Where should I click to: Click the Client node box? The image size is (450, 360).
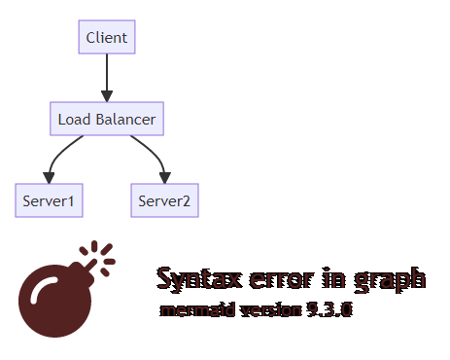click(107, 38)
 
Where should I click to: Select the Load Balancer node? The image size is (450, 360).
click(107, 120)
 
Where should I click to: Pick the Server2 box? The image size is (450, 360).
click(164, 201)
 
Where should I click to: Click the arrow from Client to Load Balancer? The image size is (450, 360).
click(107, 78)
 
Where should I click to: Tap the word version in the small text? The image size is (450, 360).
click(266, 311)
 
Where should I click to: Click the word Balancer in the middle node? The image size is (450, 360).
click(126, 120)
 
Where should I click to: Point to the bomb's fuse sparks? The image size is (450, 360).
click(100, 255)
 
